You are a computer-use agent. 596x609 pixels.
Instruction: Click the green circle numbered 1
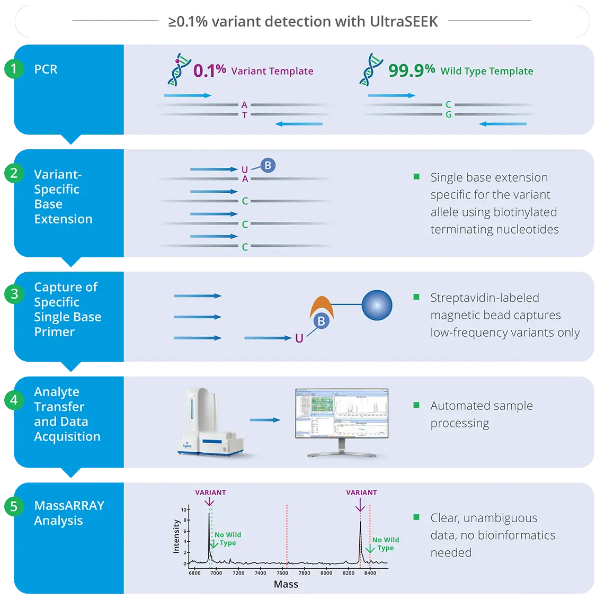click(x=14, y=69)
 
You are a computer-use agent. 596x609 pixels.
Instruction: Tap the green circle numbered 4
click(x=14, y=400)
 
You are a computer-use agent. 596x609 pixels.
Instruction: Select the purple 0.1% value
click(x=209, y=71)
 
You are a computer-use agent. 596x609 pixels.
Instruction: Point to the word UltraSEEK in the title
click(x=404, y=22)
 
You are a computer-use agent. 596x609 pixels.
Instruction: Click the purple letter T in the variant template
click(x=244, y=115)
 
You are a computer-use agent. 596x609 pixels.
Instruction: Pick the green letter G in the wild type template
click(x=448, y=115)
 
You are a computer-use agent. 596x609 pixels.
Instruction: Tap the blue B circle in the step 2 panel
click(x=268, y=166)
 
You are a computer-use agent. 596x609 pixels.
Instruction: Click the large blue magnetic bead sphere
click(x=377, y=306)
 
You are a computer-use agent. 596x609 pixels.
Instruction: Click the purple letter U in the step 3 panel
click(x=299, y=338)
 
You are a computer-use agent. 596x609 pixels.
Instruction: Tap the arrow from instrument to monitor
click(x=265, y=420)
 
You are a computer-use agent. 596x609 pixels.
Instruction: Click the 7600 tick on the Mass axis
click(x=282, y=573)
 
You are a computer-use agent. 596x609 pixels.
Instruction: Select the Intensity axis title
click(x=176, y=536)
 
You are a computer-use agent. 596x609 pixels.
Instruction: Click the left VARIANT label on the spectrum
click(x=210, y=492)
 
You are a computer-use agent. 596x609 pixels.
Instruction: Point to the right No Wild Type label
click(x=385, y=544)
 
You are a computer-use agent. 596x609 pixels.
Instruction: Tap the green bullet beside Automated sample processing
click(x=416, y=406)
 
